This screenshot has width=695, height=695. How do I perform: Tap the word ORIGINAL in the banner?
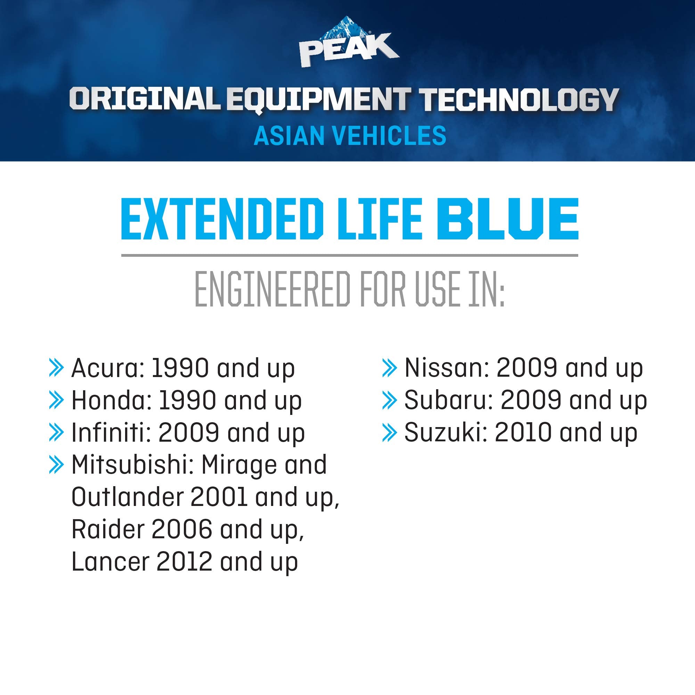tap(145, 99)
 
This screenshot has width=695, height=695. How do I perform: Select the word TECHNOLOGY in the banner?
tap(520, 100)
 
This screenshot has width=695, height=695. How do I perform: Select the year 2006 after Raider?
tap(182, 530)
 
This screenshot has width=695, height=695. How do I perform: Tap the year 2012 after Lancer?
tap(184, 562)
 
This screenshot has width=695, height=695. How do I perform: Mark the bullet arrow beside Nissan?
tap(389, 368)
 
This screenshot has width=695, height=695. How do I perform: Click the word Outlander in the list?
tap(127, 497)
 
